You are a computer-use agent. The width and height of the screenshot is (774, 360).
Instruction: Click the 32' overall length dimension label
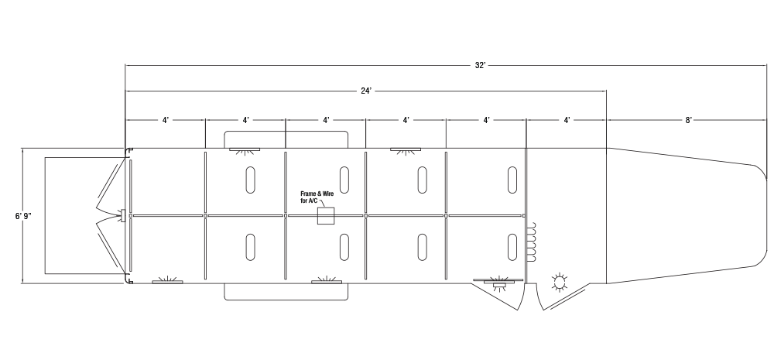click(481, 65)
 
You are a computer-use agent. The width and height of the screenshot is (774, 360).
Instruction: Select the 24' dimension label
click(366, 91)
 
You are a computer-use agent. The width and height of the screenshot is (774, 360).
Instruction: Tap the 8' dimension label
click(689, 120)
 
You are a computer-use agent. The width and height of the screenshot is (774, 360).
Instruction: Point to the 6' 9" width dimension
click(22, 216)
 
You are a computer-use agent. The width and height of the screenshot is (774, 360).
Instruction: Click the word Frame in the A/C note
click(309, 194)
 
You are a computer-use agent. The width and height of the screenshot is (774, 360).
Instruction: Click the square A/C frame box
click(326, 216)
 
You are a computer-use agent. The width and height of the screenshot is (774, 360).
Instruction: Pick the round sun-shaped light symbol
click(560, 283)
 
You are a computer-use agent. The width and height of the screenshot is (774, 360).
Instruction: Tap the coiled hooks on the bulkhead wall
click(532, 242)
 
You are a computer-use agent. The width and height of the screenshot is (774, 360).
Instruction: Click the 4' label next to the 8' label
click(567, 120)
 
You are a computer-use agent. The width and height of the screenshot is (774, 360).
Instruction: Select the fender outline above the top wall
click(286, 132)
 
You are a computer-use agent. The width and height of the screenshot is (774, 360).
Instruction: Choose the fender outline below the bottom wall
click(286, 300)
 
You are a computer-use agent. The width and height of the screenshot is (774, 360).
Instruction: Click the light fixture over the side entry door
click(498, 283)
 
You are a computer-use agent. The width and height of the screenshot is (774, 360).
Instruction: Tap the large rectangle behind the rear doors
click(45, 216)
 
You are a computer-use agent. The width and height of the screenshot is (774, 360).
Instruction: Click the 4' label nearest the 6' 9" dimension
click(166, 120)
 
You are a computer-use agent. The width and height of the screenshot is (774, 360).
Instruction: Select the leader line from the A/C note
click(322, 203)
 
